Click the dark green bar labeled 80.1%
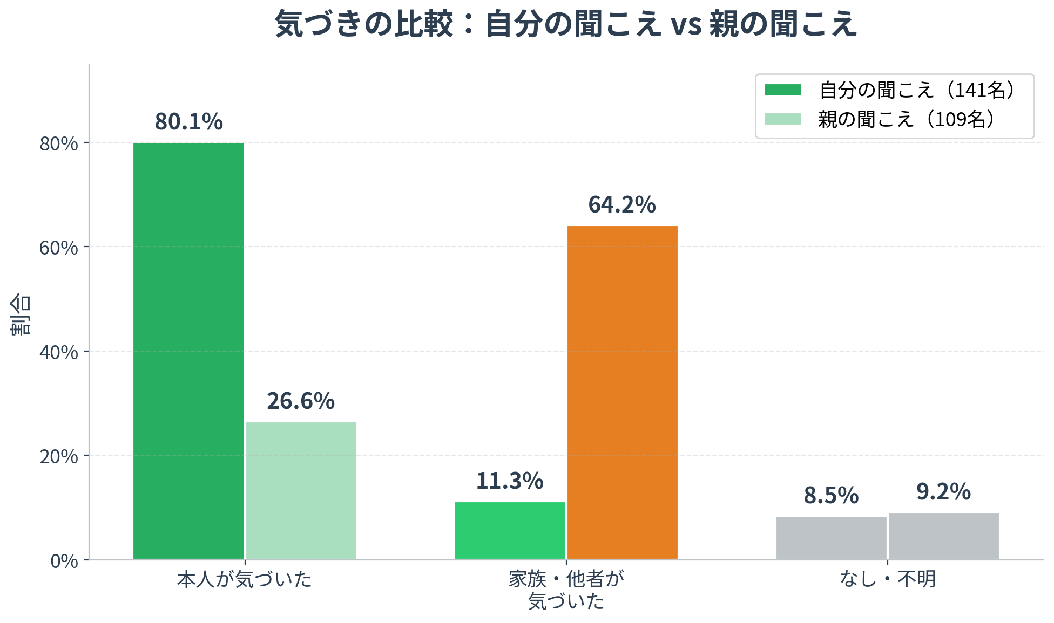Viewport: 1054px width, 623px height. pyautogui.click(x=188, y=351)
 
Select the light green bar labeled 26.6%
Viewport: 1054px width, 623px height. pyautogui.click(x=301, y=491)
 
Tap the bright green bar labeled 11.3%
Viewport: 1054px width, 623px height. pyautogui.click(x=510, y=531)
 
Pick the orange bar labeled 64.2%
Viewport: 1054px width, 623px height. pyautogui.click(x=623, y=393)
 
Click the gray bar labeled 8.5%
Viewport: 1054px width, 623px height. pyautogui.click(x=832, y=538)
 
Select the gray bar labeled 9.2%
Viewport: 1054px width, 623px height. pyautogui.click(x=944, y=536)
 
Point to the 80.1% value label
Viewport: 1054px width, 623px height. pyautogui.click(x=188, y=121)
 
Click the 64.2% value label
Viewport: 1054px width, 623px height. pyautogui.click(x=622, y=205)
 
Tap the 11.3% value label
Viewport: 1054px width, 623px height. pyautogui.click(x=510, y=481)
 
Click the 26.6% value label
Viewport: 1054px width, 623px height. pyautogui.click(x=301, y=401)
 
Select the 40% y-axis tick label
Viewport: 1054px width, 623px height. pyautogui.click(x=59, y=352)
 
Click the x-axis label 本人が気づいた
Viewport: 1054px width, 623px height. pyautogui.click(x=245, y=579)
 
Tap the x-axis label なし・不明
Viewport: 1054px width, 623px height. pyautogui.click(x=888, y=579)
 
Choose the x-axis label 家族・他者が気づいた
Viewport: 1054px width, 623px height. pyautogui.click(x=566, y=590)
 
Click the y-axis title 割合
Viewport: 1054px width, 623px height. pyautogui.click(x=21, y=314)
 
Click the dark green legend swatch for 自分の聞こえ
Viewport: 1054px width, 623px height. pyautogui.click(x=783, y=90)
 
